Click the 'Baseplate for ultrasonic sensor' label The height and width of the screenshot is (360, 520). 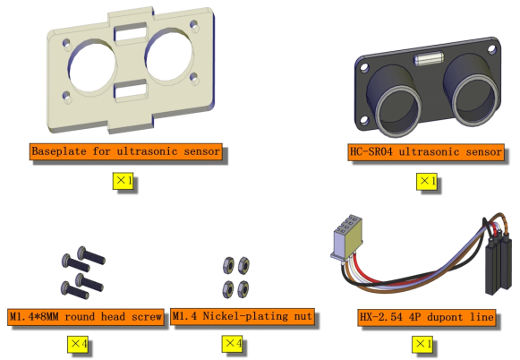click(x=125, y=151)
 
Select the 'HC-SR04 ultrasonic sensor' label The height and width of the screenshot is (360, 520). click(x=426, y=152)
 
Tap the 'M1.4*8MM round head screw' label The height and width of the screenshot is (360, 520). click(x=86, y=317)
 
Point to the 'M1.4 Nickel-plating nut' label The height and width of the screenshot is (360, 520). click(x=243, y=316)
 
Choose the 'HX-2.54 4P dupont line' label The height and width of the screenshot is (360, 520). click(x=427, y=317)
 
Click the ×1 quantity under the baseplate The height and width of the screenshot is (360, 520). click(x=123, y=181)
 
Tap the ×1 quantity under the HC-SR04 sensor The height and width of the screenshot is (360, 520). click(x=427, y=181)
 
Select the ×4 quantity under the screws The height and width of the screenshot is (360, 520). click(x=78, y=344)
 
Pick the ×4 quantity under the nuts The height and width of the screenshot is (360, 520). click(x=232, y=343)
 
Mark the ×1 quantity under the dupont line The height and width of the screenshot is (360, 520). click(x=422, y=344)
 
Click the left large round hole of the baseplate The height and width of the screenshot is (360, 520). click(x=92, y=66)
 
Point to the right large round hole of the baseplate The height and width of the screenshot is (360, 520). click(x=169, y=56)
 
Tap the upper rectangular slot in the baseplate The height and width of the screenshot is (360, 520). click(x=131, y=33)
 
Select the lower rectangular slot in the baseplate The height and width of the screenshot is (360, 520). click(x=131, y=90)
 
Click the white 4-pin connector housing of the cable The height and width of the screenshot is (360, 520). click(x=345, y=238)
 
